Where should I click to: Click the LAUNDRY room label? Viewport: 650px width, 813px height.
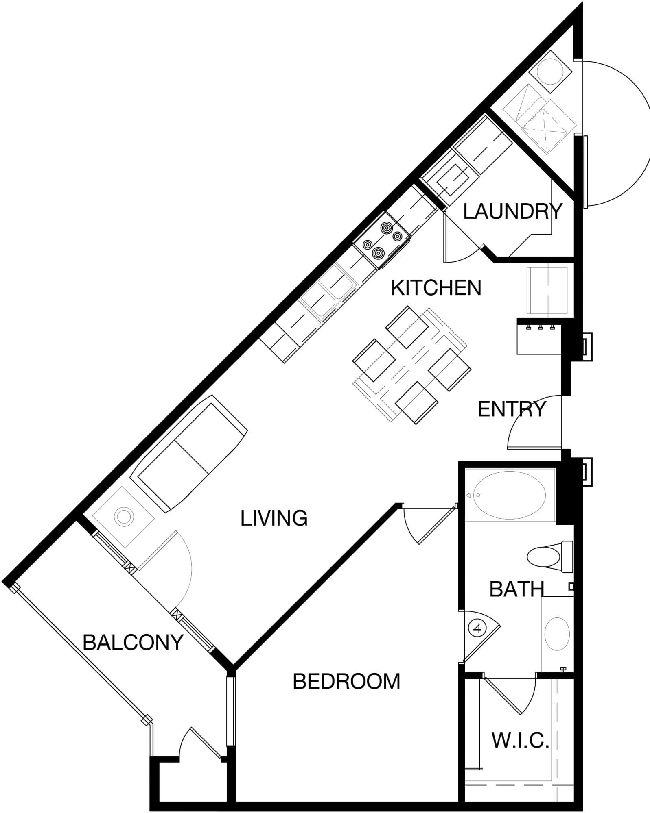pos(512,211)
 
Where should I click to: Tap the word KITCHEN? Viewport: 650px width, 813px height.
pos(436,288)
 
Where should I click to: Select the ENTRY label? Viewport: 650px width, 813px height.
pos(512,409)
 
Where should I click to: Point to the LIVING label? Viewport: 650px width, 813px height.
pos(274,518)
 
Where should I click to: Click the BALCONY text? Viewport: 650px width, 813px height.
pos(133,642)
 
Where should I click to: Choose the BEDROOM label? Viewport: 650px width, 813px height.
pos(346,681)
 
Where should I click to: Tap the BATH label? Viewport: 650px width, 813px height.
pos(516,589)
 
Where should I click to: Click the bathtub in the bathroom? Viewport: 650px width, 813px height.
pos(510,495)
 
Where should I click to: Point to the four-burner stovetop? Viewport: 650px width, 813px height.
pos(381,240)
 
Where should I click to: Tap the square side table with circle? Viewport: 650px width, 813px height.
pos(123,517)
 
